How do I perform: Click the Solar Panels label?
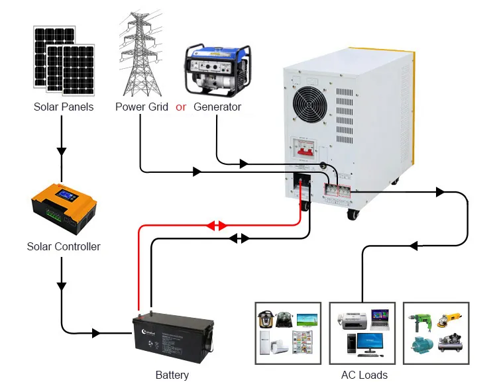coord(64,107)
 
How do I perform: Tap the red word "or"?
coord(181,107)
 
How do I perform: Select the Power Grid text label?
coord(142,107)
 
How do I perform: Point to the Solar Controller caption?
coord(64,246)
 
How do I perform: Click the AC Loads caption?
coord(364,375)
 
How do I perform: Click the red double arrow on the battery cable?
coord(216,226)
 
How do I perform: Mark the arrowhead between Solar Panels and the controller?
coord(62,151)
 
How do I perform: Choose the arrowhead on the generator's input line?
coord(243,163)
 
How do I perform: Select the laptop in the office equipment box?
coord(380,318)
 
